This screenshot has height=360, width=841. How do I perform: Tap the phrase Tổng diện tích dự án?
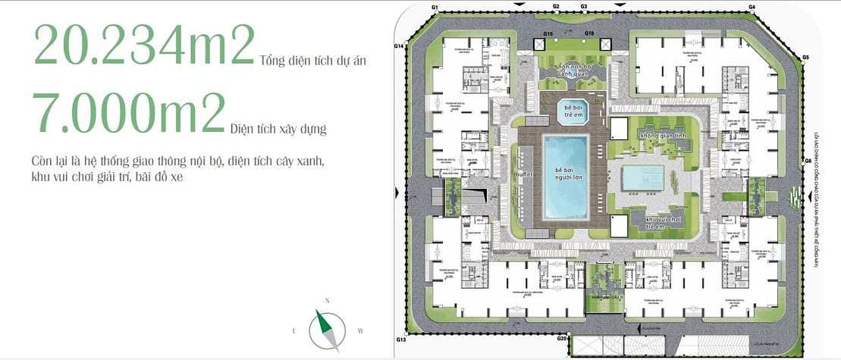(x=312, y=61)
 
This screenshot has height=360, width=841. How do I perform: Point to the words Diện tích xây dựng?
(x=278, y=130)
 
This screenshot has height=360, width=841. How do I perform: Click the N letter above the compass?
(x=328, y=301)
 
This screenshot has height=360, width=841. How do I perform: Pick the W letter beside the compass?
(x=361, y=330)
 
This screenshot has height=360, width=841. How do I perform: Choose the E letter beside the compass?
(x=293, y=331)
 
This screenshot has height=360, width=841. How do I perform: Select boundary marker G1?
(x=435, y=6)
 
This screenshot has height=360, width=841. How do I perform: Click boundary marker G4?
(x=753, y=6)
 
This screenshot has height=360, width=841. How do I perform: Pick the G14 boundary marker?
(x=399, y=46)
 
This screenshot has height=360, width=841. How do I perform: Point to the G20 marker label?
(x=561, y=338)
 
